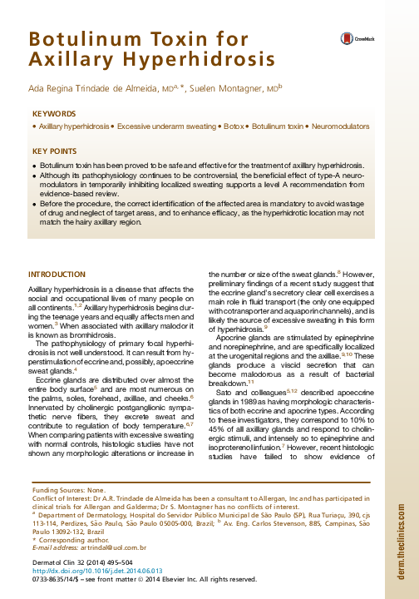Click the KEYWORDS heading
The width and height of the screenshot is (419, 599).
point(53,113)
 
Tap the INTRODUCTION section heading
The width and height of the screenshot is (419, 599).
point(57,275)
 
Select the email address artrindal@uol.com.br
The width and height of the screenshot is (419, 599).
point(110,547)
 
